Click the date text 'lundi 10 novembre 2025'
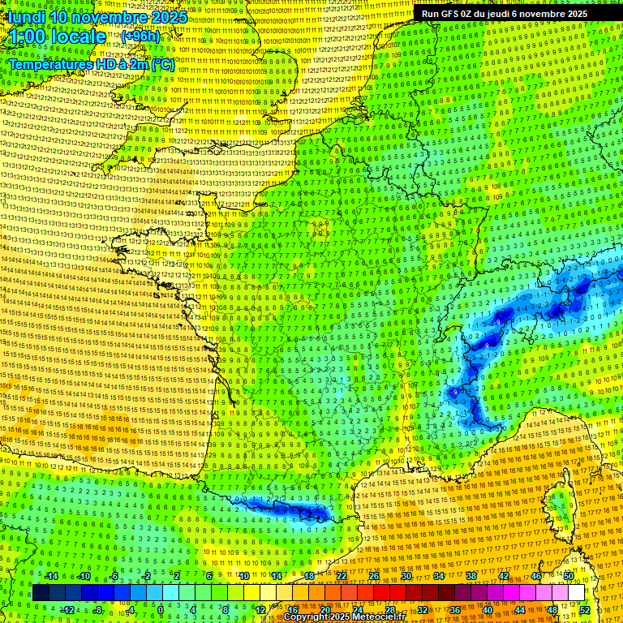click(97, 17)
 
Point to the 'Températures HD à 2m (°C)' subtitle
click(91, 65)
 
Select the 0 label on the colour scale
click(161, 610)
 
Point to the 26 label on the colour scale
click(374, 576)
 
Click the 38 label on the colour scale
click(471, 576)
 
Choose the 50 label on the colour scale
click(569, 576)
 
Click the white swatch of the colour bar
click(576, 593)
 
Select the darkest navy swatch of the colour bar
click(41, 593)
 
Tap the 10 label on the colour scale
click(243, 576)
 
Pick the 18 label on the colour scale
click(308, 576)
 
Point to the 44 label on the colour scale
click(520, 610)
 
